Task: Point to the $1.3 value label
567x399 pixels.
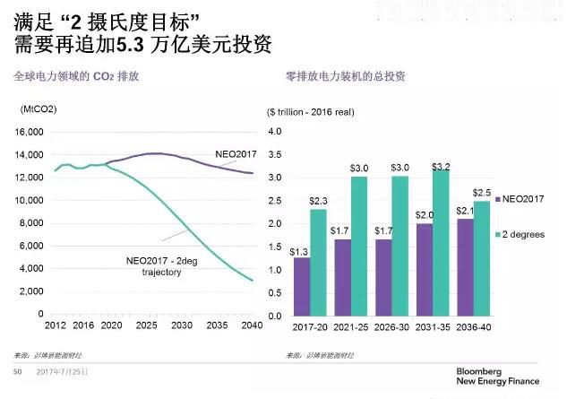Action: (x=300, y=251)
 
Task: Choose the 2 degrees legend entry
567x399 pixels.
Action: (x=523, y=235)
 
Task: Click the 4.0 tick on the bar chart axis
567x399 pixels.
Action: (x=276, y=132)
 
